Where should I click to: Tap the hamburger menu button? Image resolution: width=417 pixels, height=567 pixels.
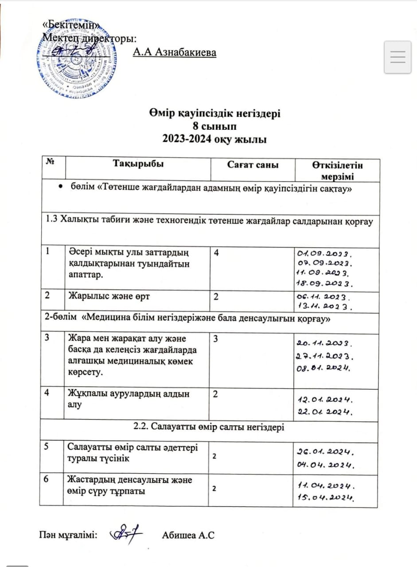tap(398, 57)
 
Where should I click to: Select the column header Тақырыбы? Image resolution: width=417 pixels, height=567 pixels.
tap(138, 165)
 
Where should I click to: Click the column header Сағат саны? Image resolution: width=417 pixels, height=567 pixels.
tap(253, 165)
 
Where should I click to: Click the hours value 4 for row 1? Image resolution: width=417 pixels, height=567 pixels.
tap(216, 252)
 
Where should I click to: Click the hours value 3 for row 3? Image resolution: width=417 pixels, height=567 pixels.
tap(216, 339)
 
